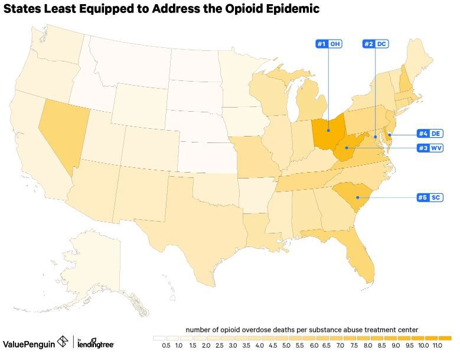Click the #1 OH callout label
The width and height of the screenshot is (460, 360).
328,44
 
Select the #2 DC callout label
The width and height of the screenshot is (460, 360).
376,44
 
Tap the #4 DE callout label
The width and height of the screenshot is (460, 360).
430,134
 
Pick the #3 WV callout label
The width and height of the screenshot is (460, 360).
430,148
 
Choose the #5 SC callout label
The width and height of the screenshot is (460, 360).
430,197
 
